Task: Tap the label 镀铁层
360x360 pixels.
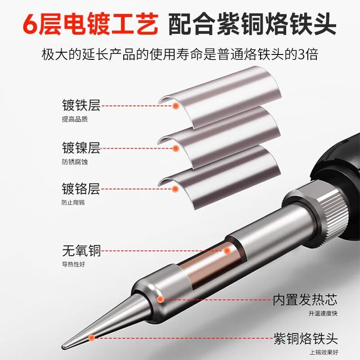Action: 81,107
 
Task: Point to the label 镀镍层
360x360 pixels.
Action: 81,147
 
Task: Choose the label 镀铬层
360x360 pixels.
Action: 81,188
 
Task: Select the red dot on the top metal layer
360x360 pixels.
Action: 176,106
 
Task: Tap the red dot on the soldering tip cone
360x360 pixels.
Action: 92,337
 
